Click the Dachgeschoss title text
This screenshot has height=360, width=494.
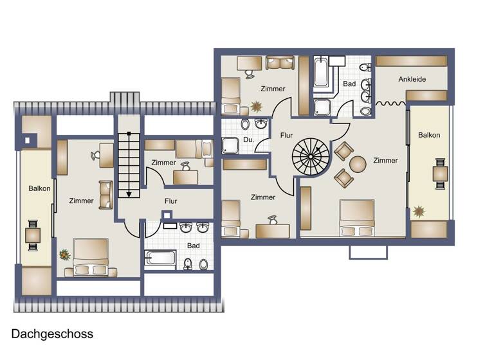(52, 334)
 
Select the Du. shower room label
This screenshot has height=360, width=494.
(248, 139)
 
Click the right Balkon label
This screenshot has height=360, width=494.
(429, 135)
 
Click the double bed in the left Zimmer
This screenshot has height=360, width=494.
(90, 257)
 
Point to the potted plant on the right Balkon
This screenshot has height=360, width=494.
(419, 210)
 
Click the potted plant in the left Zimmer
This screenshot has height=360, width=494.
(64, 255)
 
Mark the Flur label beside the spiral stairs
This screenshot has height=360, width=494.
(287, 136)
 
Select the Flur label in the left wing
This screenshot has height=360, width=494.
(170, 201)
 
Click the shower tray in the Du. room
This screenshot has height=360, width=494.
(230, 147)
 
